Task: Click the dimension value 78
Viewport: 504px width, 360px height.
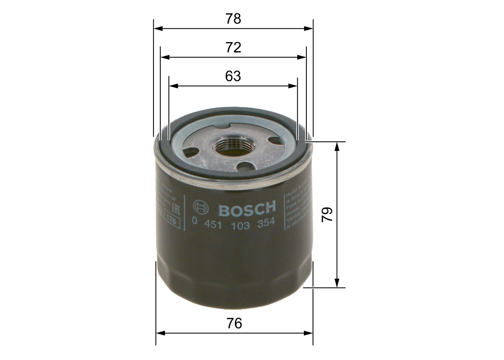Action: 233,19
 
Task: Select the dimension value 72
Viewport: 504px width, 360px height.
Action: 233,47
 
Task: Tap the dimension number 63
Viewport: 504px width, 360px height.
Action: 233,76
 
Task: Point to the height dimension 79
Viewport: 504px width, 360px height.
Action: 327,214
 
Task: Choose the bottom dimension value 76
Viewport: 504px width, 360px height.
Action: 234,323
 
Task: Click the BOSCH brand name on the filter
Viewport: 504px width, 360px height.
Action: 247,209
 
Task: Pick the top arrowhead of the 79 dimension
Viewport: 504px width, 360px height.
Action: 337,146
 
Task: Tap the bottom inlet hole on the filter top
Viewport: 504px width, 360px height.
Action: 246,167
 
